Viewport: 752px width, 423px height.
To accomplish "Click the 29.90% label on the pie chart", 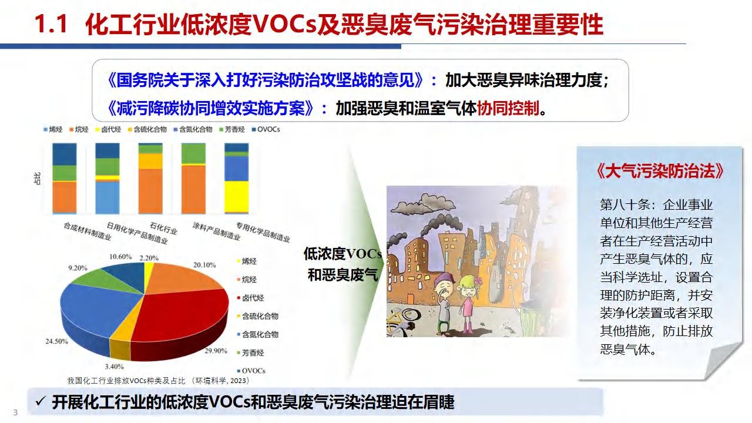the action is [216, 351].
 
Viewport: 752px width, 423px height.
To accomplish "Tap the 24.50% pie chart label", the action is [57, 341].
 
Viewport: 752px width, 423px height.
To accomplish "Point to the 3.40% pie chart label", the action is [114, 366].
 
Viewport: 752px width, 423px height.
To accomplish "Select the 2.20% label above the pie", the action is [149, 258].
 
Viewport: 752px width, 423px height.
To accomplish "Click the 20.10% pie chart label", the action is [204, 265].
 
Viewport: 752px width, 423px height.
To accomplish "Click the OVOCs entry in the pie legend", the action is [251, 371].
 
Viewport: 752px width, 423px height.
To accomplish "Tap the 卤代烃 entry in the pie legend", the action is [250, 298].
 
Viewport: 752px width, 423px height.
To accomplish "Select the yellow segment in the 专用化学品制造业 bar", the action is [236, 197].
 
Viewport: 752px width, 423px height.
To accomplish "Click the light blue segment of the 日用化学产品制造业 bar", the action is [108, 198].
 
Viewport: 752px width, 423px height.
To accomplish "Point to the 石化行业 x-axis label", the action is [163, 229].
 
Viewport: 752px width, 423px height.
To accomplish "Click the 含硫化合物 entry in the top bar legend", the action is [147, 129].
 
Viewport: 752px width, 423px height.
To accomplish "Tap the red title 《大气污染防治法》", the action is [660, 171].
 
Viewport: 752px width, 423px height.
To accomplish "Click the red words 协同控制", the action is [508, 108].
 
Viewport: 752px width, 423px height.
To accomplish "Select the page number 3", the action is [15, 412].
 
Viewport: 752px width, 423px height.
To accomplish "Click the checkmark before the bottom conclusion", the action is [40, 401].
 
